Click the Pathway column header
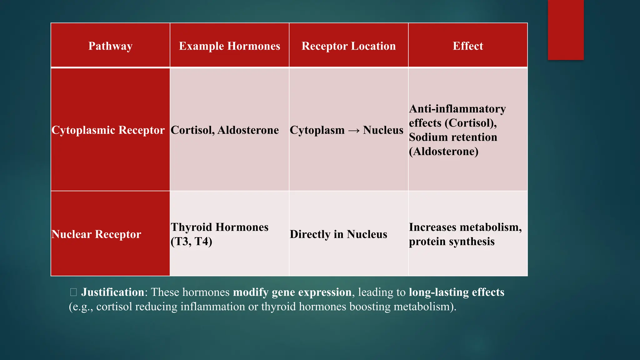pos(110,46)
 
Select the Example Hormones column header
pos(229,46)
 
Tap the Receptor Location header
pos(348,46)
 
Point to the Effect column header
pos(468,46)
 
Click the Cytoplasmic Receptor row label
pos(108,130)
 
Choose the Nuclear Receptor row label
pos(96,234)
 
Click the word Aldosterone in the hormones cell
pos(248,130)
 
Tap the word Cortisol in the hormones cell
pos(192,130)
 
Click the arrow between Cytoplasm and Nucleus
pos(354,130)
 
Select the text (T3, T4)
pos(191,241)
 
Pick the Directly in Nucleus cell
pos(338,234)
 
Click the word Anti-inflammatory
pos(457,109)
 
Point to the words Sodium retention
pos(453,137)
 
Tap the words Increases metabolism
pos(465,227)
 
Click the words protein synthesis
pos(452,242)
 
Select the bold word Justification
pos(112,292)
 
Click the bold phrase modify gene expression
pos(292,292)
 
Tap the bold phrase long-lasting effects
pos(457,292)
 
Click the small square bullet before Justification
pos(73,292)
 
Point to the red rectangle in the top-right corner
pos(566,30)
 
